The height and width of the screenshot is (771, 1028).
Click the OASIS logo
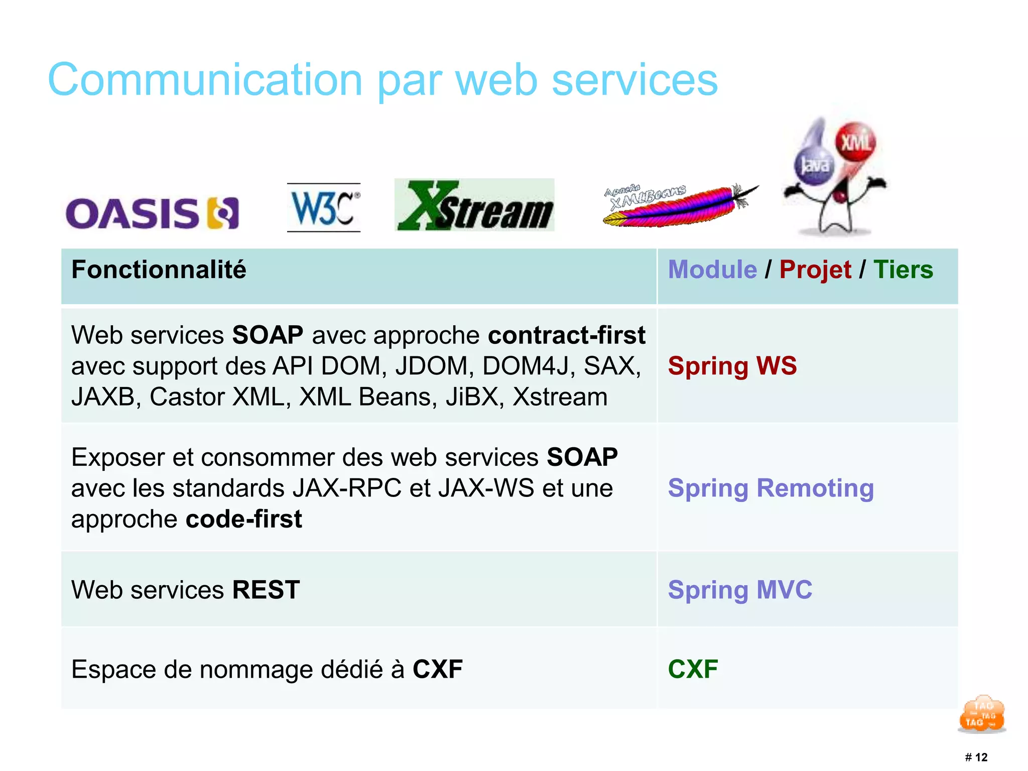click(152, 213)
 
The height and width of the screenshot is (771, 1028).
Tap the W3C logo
click(324, 208)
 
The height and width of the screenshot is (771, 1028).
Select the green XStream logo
click(474, 205)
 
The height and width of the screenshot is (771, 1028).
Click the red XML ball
click(855, 143)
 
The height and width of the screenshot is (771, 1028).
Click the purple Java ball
click(814, 165)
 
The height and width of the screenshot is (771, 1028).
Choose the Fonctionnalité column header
click(159, 270)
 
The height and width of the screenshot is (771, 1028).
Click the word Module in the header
click(712, 270)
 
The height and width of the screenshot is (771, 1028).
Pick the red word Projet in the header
click(815, 270)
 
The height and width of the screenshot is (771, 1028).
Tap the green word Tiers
click(903, 270)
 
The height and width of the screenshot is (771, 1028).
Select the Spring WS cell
click(732, 365)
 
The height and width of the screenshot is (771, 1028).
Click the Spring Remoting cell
click(770, 488)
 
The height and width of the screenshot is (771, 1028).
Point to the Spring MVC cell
click(739, 590)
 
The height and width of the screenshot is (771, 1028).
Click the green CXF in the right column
click(693, 669)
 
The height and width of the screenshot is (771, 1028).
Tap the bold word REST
click(266, 590)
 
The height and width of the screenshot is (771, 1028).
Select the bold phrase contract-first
click(566, 335)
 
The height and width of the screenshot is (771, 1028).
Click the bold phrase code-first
click(244, 519)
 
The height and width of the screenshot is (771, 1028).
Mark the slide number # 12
click(976, 757)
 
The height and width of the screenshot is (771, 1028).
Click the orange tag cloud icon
click(982, 714)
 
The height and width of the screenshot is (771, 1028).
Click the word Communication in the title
click(205, 80)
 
